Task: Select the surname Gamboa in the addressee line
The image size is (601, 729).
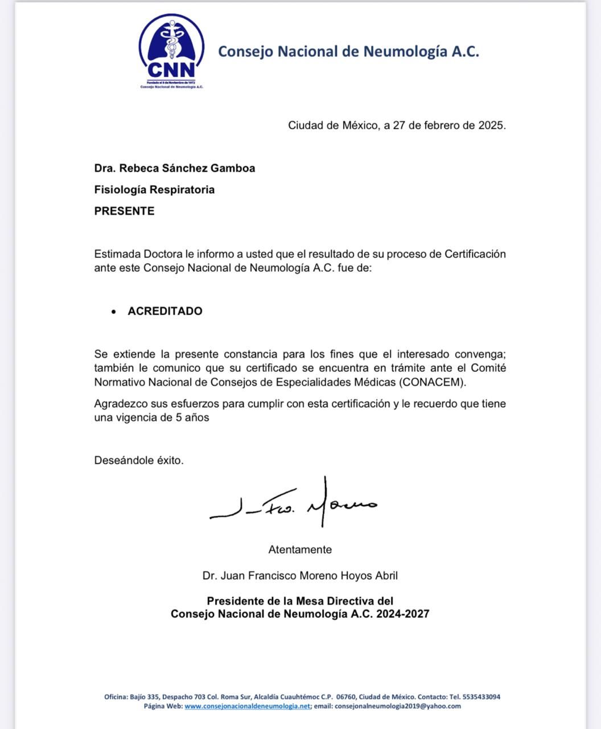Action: coord(233,168)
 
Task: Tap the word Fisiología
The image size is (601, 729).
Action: coord(120,190)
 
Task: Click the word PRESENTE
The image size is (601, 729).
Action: coord(124,211)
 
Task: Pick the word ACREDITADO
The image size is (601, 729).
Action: coord(165,311)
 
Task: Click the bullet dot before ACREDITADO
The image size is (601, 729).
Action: coord(114,312)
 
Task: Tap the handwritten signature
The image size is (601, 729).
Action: coord(294,504)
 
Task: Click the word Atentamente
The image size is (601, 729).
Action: coord(300,550)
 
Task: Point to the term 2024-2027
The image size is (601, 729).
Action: coord(402,614)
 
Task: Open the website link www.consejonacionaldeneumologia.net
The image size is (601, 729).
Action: coord(248,706)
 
